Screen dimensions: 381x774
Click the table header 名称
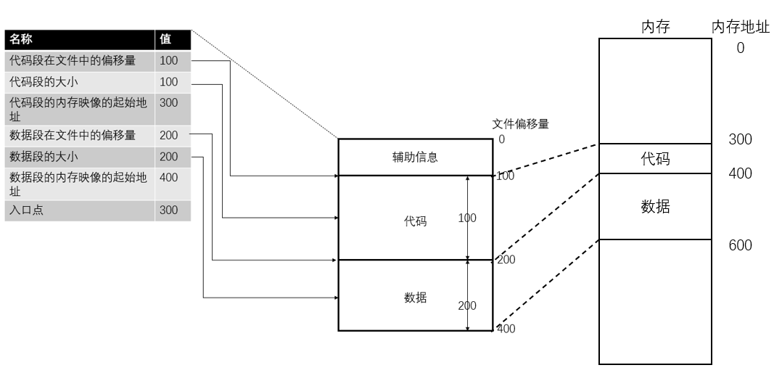coord(21,39)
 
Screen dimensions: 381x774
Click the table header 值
coord(165,39)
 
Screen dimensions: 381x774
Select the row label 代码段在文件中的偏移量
coord(73,61)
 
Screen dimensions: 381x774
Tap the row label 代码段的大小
coord(44,82)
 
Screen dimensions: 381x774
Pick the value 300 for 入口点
coord(168,211)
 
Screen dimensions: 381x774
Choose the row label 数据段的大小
coord(44,156)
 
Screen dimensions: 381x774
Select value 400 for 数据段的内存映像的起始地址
coord(168,178)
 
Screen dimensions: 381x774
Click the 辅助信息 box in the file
coord(415,157)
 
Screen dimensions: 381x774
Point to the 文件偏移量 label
coord(520,124)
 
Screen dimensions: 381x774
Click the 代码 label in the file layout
coord(415,221)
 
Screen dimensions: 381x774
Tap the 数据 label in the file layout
coord(415,298)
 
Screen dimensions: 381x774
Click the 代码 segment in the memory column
coord(655,159)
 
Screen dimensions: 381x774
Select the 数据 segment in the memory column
coord(655,207)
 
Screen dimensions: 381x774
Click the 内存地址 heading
coord(740,28)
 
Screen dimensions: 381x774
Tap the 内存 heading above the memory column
coord(655,28)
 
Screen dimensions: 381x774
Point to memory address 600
coord(740,245)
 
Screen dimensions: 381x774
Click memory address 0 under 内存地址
coord(740,49)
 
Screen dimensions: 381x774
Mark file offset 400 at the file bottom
coord(506,329)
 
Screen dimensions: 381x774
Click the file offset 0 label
coord(501,139)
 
